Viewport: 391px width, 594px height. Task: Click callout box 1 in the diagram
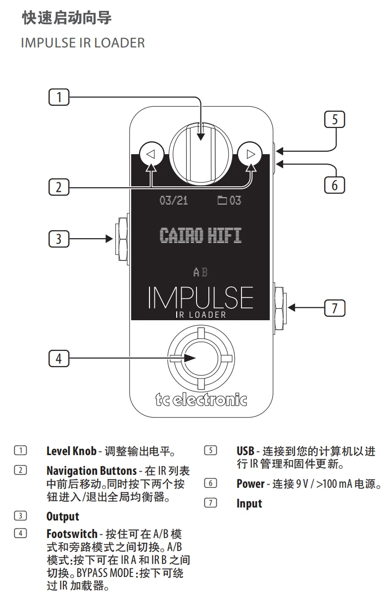59,97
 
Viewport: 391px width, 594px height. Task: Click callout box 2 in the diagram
59,187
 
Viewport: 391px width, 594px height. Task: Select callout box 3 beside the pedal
59,239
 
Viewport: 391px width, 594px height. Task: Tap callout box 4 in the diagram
59,358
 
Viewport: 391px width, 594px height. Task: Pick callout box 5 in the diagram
335,119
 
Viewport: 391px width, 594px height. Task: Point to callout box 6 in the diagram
335,185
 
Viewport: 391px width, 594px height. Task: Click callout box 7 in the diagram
335,308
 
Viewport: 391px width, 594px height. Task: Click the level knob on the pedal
201,153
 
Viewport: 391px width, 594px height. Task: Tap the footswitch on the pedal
201,358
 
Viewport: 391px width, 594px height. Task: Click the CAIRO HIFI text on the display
200,235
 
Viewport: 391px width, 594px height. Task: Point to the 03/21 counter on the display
173,200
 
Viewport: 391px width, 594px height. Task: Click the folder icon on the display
222,200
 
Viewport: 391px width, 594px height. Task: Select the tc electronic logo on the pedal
201,400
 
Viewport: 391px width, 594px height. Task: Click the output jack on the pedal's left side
122,239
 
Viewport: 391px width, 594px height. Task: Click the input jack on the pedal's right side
280,307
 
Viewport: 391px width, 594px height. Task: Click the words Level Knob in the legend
71,451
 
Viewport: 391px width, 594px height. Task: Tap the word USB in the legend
245,451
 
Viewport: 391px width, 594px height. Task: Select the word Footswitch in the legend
72,534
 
